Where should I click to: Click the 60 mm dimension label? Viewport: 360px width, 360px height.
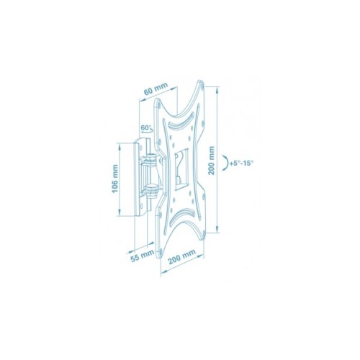pos(156,89)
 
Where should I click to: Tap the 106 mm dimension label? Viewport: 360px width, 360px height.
pos(115,179)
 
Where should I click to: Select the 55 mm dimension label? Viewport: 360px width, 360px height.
pos(143,257)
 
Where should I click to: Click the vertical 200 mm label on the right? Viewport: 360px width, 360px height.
pos(212,161)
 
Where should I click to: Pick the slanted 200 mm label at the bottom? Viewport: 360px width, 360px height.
pos(182,257)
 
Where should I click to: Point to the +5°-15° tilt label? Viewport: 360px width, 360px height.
pos(241,163)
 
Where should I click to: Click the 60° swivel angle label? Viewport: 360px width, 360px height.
pos(145,127)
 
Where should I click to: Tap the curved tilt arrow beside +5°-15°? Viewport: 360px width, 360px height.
pos(225,163)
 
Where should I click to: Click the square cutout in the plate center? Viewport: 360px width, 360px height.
pos(181,169)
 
